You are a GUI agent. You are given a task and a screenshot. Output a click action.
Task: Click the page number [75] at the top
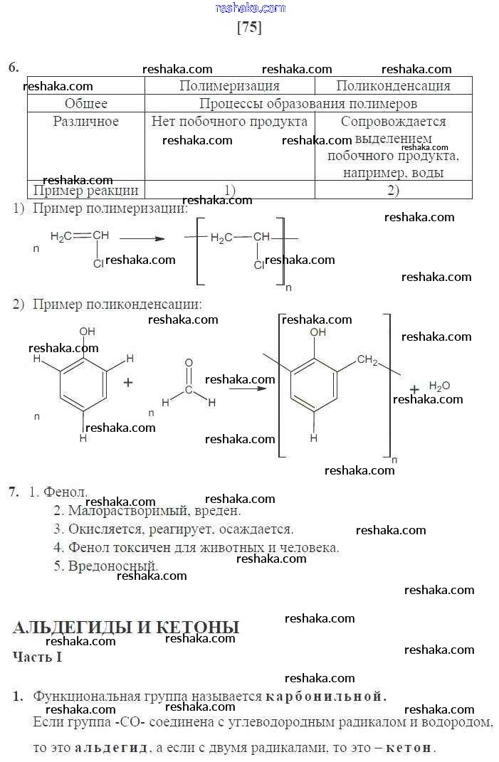pyautogui.click(x=248, y=27)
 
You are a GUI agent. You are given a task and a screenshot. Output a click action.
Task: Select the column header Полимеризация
pyautogui.click(x=229, y=86)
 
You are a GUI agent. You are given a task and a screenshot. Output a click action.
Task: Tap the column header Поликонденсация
pyautogui.click(x=393, y=86)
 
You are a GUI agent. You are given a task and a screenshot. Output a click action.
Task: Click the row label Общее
pyautogui.click(x=86, y=104)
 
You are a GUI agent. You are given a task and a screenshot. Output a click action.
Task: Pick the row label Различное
pyautogui.click(x=86, y=122)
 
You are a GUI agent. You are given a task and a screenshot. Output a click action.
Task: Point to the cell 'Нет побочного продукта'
pyautogui.click(x=229, y=122)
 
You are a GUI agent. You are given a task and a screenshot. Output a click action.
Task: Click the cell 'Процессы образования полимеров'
pyautogui.click(x=308, y=104)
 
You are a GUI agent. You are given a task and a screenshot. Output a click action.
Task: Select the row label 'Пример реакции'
pyautogui.click(x=86, y=190)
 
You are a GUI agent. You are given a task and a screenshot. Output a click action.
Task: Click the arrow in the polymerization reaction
pyautogui.click(x=142, y=238)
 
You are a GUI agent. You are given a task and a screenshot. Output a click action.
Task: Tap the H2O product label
pyautogui.click(x=439, y=386)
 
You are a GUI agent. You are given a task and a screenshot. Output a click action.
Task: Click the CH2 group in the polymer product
pyautogui.click(x=367, y=360)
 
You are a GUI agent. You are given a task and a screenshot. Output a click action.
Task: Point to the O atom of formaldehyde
pyautogui.click(x=189, y=363)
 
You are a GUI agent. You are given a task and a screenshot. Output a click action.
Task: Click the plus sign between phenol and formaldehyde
pyautogui.click(x=128, y=382)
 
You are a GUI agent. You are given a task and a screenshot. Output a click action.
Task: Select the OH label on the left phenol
pyautogui.click(x=88, y=332)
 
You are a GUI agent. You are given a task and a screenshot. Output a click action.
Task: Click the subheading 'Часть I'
pyautogui.click(x=37, y=657)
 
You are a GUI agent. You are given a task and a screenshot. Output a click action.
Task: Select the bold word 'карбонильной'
pyautogui.click(x=326, y=697)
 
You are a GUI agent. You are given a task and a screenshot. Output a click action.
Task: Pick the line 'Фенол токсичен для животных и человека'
pyautogui.click(x=196, y=548)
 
